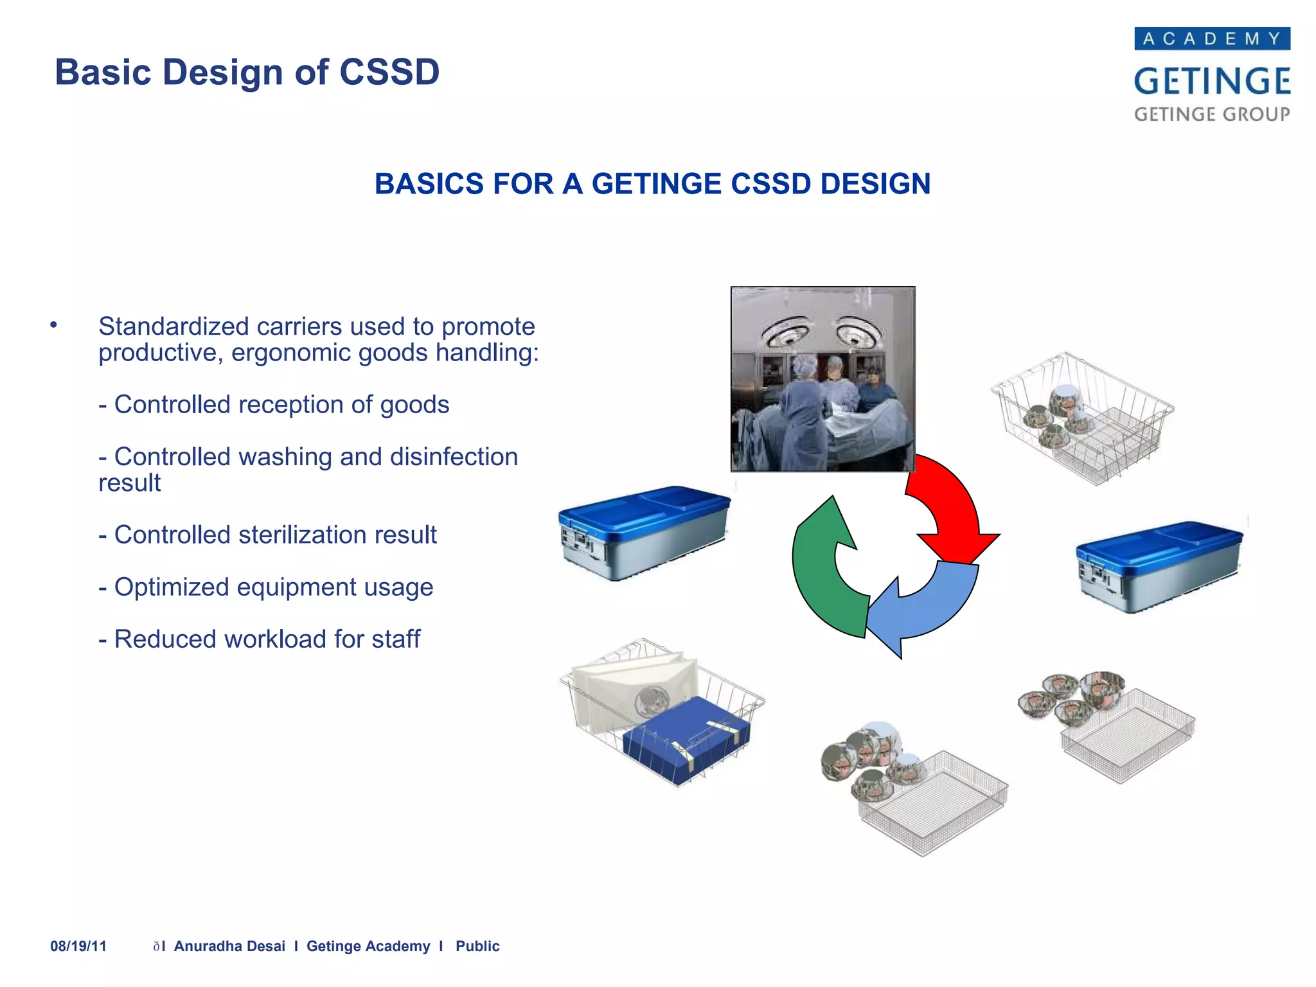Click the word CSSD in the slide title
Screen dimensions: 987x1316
[x=389, y=72]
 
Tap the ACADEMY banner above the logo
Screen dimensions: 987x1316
[x=1212, y=39]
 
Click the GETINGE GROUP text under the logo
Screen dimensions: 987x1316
[x=1212, y=114]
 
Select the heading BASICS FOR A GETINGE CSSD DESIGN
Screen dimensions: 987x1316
[x=652, y=184]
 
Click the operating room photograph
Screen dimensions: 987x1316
[x=822, y=379]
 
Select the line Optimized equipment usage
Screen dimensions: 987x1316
[x=266, y=587]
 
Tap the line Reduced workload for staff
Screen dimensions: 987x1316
[x=260, y=639]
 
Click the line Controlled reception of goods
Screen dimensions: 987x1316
[x=274, y=405]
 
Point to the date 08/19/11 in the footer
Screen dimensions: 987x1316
[x=78, y=946]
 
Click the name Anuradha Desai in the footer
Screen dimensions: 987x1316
[x=229, y=946]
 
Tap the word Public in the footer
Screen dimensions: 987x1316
[x=477, y=946]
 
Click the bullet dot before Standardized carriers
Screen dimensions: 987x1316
[x=54, y=325]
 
